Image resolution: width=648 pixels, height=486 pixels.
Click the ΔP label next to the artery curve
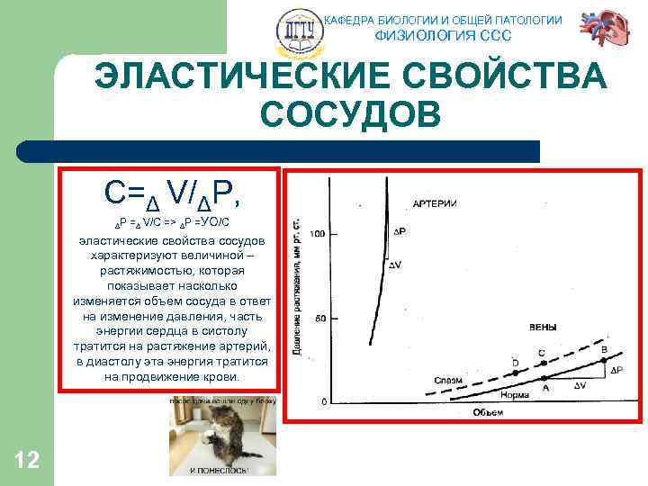[x=400, y=232]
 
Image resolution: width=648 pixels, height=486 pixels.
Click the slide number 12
[x=27, y=461]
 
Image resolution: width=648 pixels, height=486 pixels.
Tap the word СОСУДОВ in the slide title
[x=350, y=115]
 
